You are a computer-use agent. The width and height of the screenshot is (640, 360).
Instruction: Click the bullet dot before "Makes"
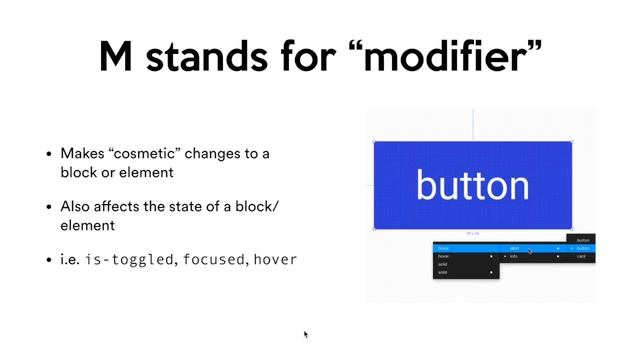49,155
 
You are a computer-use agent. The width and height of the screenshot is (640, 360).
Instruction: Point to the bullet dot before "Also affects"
49,207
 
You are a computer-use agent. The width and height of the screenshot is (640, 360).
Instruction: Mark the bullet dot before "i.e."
49,260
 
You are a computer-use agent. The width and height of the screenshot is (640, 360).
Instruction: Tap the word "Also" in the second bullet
77,207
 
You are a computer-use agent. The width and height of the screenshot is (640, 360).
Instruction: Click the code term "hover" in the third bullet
275,260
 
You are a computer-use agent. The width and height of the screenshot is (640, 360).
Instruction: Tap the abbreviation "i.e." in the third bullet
70,260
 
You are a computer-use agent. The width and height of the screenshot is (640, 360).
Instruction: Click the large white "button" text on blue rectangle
472,185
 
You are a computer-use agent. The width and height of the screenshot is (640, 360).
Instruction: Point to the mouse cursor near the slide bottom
306,334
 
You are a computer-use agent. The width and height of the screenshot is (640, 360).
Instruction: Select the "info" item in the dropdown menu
514,257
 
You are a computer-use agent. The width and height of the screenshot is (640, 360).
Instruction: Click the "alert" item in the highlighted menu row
514,247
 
